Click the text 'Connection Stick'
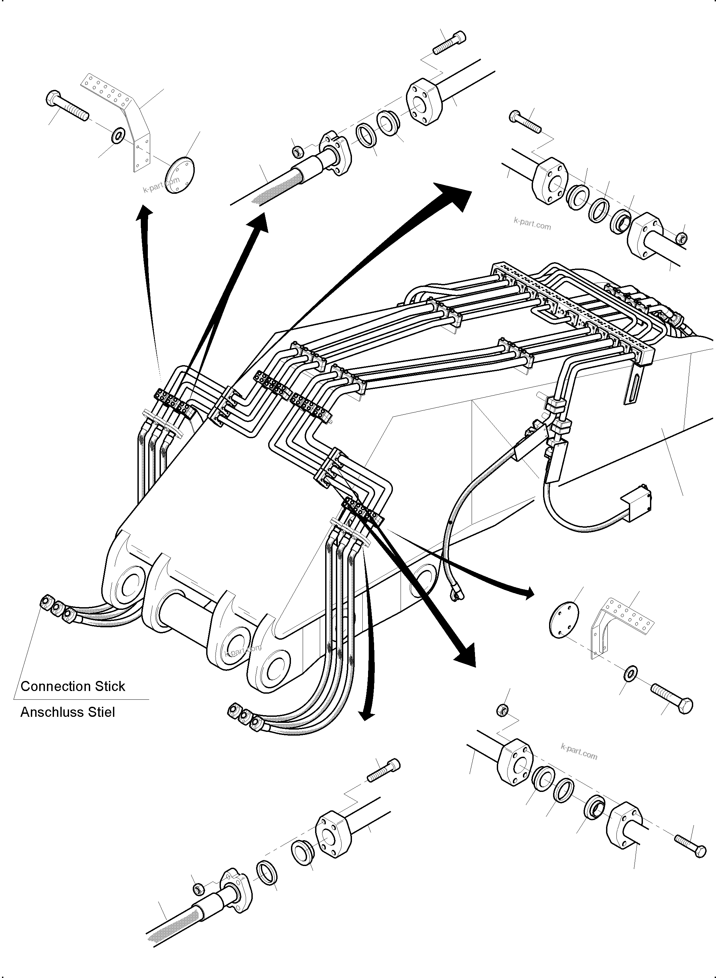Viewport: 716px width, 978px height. [x=73, y=686]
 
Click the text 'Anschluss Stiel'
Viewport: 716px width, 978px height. [x=68, y=712]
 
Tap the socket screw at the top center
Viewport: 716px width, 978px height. [x=449, y=43]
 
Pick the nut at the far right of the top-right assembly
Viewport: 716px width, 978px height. [x=681, y=238]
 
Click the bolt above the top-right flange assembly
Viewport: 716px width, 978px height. [x=526, y=121]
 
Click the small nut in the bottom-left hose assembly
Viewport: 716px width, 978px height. [x=198, y=889]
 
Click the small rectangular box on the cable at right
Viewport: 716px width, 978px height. [x=636, y=505]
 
